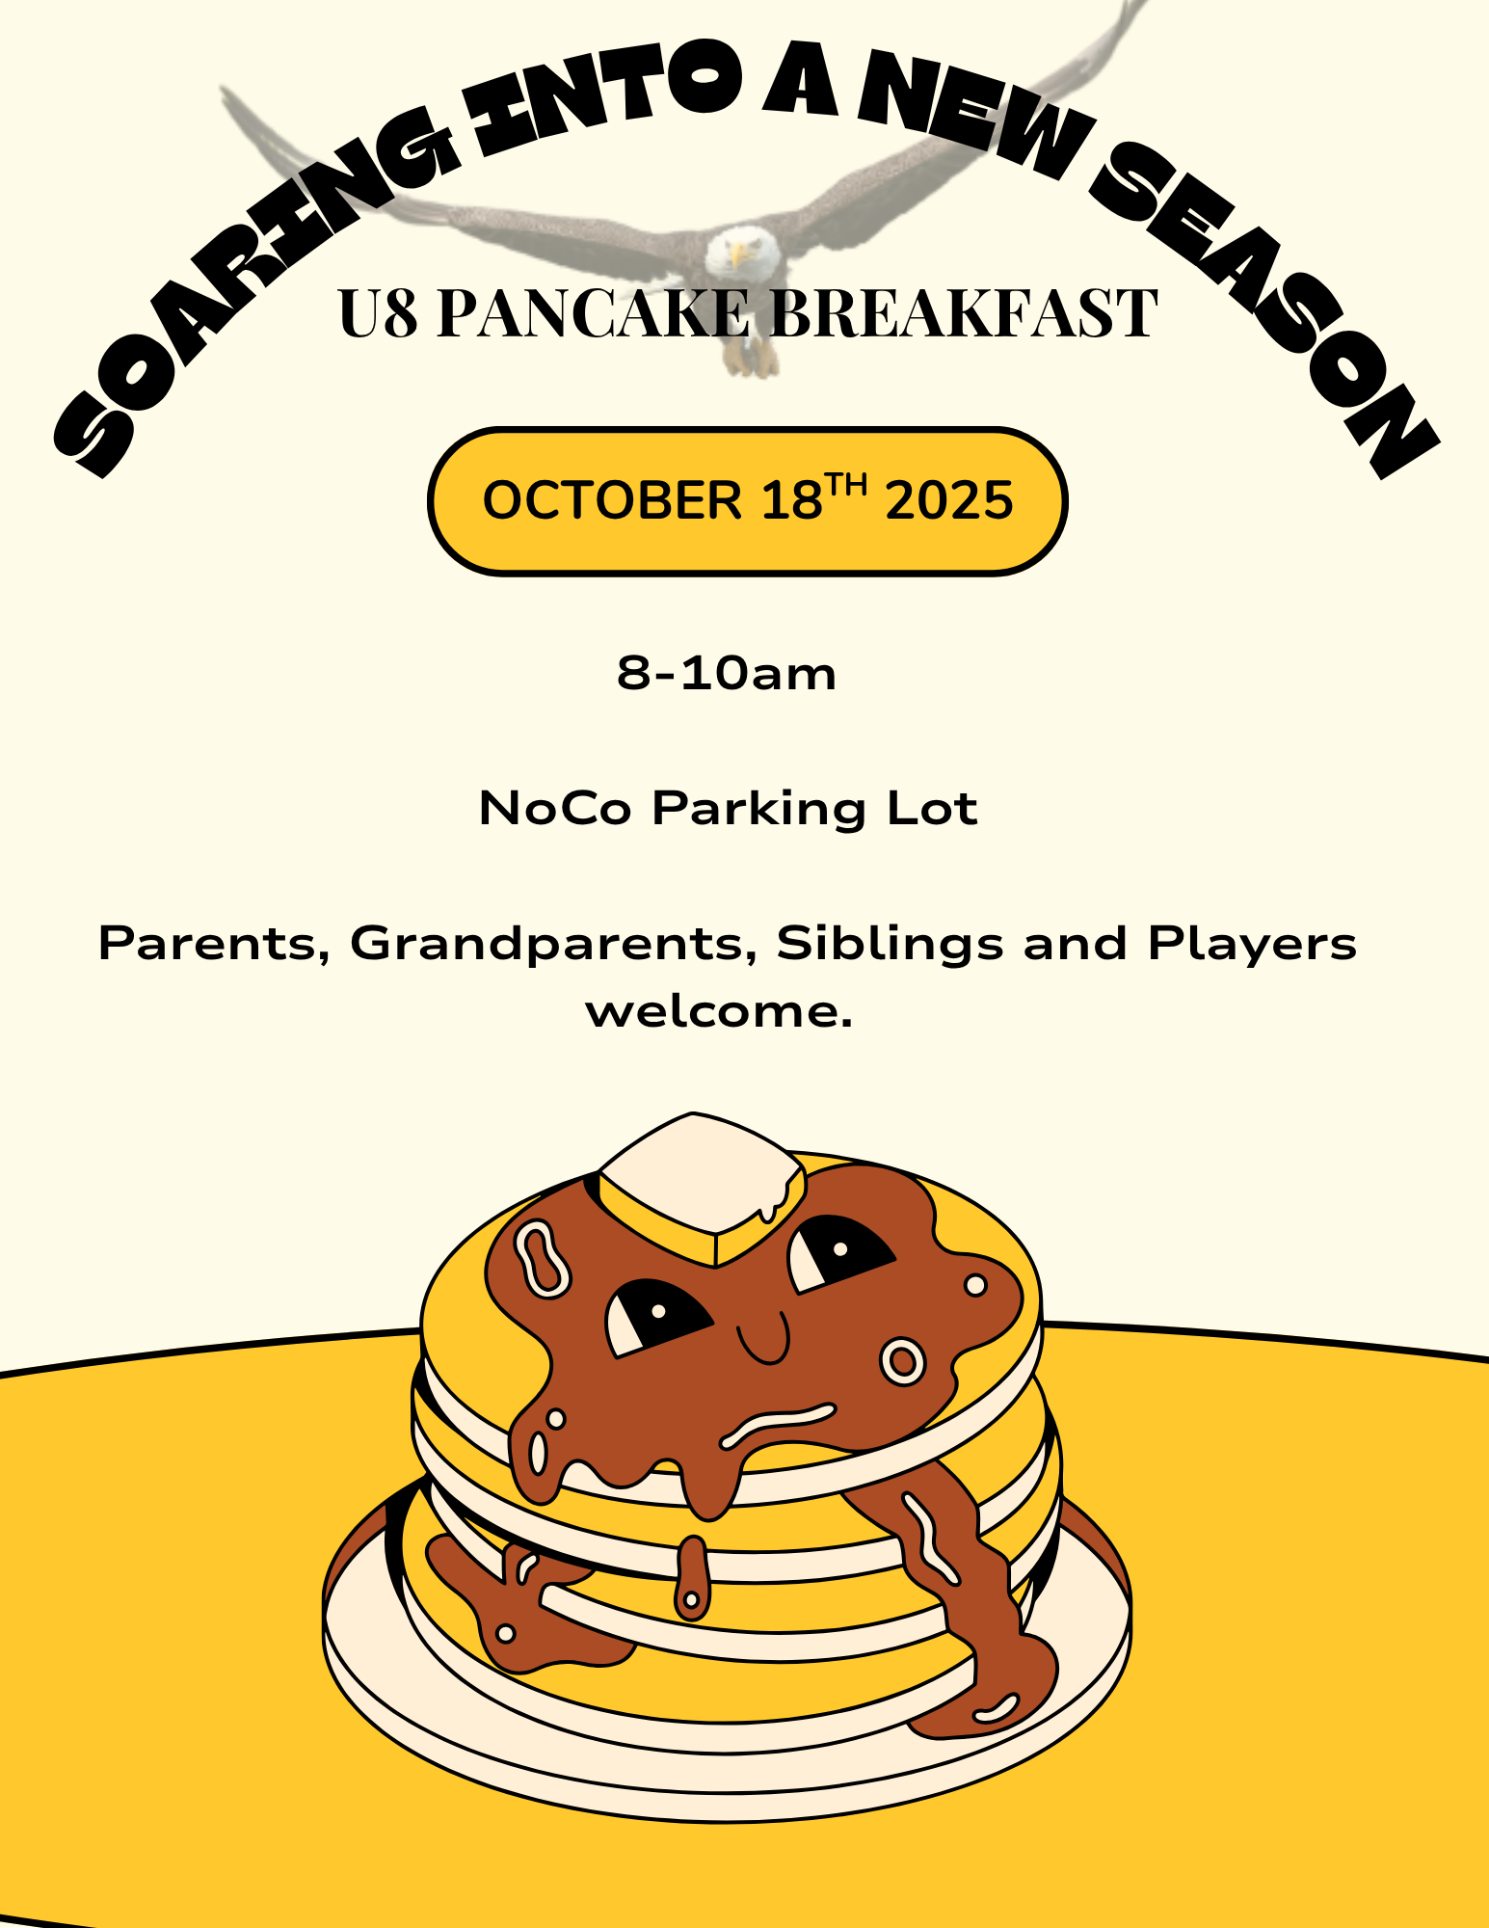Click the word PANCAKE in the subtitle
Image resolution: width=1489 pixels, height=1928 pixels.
(594, 313)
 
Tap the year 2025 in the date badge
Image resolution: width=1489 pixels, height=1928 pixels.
(949, 500)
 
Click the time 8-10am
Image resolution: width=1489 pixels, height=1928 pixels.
(727, 673)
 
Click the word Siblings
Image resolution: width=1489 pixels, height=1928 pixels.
(891, 944)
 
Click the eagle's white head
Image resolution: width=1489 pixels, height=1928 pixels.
(740, 253)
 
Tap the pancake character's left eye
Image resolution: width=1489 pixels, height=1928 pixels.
(655, 1317)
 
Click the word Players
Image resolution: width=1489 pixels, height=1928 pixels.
(1252, 944)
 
